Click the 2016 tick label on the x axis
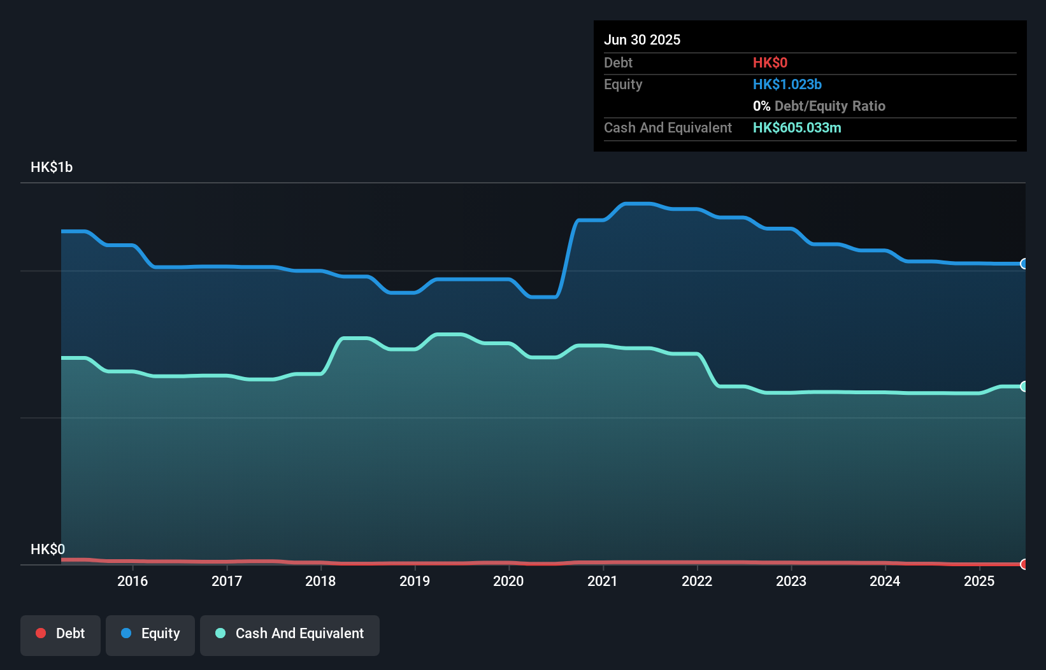click(x=133, y=581)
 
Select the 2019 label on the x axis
click(x=415, y=581)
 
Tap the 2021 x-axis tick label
click(x=603, y=581)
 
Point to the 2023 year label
click(x=791, y=581)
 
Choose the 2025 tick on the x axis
click(x=979, y=581)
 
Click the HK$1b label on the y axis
click(x=52, y=167)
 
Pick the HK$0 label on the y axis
click(x=48, y=549)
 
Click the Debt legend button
click(x=61, y=634)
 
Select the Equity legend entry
click(x=150, y=634)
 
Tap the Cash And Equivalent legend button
click(x=290, y=634)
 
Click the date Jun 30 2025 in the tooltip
click(x=642, y=39)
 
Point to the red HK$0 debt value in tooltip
click(x=770, y=62)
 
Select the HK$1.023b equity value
click(x=787, y=84)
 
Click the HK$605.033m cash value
click(x=797, y=127)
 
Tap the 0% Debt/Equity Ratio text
click(x=819, y=106)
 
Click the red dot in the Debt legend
click(x=41, y=633)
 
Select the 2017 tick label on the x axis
click(x=227, y=581)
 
